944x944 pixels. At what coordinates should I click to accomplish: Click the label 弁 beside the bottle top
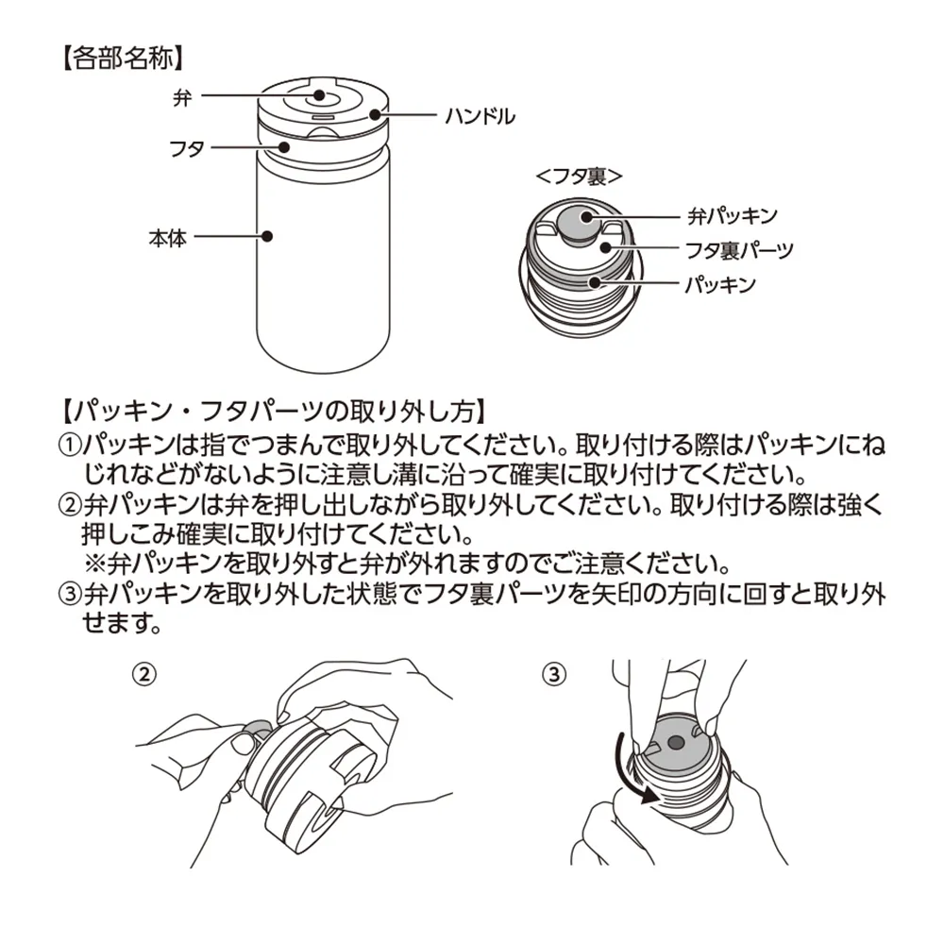(x=182, y=96)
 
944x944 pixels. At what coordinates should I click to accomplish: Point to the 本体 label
(x=167, y=238)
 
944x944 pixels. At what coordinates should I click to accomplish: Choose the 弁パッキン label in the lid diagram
(x=732, y=217)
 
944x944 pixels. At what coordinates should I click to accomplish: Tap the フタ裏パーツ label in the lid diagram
(x=741, y=250)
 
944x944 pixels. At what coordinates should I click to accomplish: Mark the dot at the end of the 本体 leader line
(x=268, y=238)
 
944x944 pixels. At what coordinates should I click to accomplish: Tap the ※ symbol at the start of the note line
(x=94, y=564)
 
